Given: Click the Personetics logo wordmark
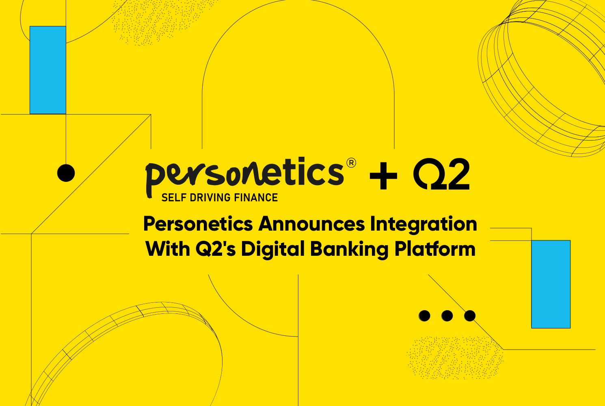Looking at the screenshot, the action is pyautogui.click(x=245, y=177).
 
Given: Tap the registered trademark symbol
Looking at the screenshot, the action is pyautogui.click(x=351, y=163).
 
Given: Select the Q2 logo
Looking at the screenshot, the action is pyautogui.click(x=441, y=174).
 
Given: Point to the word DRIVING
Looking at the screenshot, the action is pyautogui.click(x=210, y=198).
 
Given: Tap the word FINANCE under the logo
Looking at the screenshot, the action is pyautogui.click(x=256, y=198).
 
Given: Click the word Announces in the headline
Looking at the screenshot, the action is pyautogui.click(x=311, y=224).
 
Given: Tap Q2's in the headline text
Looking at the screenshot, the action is pyautogui.click(x=216, y=248).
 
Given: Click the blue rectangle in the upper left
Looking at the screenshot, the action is pyautogui.click(x=48, y=70).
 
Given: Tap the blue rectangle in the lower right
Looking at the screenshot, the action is pyautogui.click(x=551, y=284).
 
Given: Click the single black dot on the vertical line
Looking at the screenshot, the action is pyautogui.click(x=66, y=173).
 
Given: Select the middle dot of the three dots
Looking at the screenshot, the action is pyautogui.click(x=447, y=315).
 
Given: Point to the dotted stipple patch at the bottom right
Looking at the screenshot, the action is pyautogui.click(x=455, y=357).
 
